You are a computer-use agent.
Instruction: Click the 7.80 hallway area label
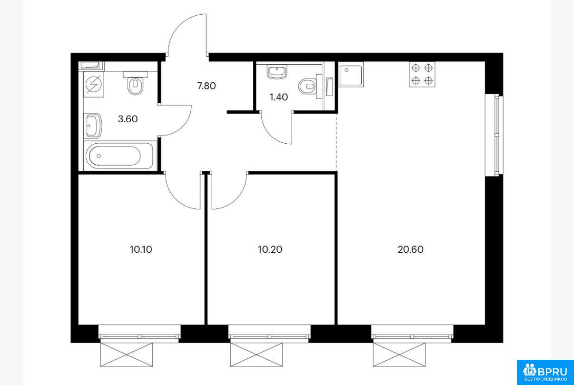(207, 86)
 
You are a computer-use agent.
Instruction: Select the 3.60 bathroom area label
(128, 119)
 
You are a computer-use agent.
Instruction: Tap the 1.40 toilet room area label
(278, 97)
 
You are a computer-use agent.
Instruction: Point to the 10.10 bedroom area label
(141, 249)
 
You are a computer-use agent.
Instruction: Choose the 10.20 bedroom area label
(270, 249)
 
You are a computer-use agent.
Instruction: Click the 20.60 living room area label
(411, 249)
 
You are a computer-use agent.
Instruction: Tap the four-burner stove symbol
(422, 74)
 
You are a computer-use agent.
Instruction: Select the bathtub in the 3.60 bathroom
(120, 156)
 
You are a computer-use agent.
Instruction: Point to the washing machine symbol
(94, 84)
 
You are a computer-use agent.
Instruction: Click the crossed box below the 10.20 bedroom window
(257, 355)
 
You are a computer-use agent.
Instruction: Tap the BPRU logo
(545, 373)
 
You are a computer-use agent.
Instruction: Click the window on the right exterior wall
(494, 135)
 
